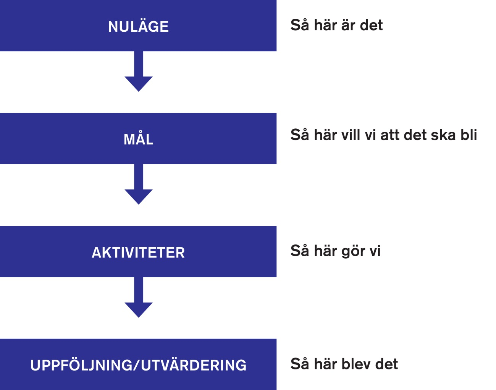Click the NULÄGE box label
138,26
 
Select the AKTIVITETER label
138,253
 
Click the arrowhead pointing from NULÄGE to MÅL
139,84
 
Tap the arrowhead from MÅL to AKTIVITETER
139,197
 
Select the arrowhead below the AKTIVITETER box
139,310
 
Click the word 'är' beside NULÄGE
348,25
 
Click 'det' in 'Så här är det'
371,25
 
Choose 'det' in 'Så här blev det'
386,364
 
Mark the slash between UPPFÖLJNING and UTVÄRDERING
136,365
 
